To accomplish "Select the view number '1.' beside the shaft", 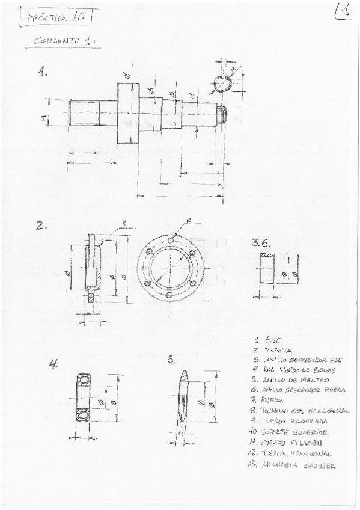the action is pos(43,72).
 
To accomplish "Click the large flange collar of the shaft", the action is pos(127,113).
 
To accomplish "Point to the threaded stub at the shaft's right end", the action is pos(222,113).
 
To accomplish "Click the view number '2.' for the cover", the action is pos(41,226).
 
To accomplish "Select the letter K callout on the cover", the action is pos(123,223).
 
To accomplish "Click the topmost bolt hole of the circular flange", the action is pos(171,239).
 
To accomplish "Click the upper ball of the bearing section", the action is pos(82,380).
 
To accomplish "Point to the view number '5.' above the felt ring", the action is pos(171,360).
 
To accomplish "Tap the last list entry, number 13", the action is pos(291,465).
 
